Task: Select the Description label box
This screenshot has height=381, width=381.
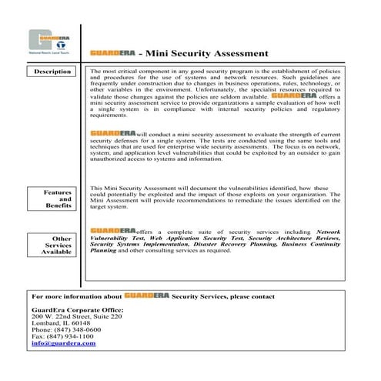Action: (54, 72)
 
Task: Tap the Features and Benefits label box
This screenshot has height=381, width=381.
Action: (54, 199)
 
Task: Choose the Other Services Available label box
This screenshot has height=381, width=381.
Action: (54, 245)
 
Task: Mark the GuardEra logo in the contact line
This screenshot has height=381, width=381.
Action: (146, 295)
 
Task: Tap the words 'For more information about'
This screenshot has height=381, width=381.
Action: (76, 296)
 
